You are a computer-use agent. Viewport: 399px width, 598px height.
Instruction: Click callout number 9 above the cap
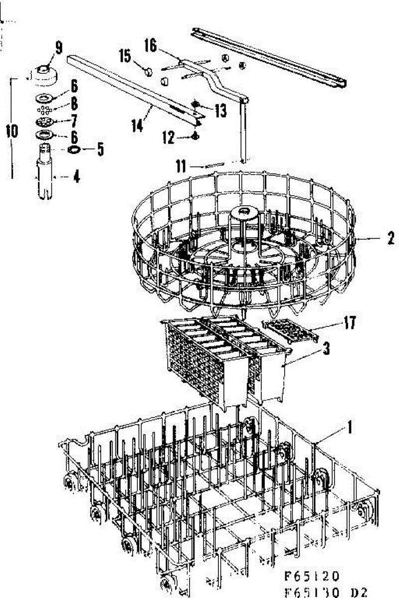click(59, 48)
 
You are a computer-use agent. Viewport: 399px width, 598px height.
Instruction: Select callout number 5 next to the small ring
click(100, 149)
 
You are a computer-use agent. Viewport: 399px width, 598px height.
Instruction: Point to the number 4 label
click(76, 176)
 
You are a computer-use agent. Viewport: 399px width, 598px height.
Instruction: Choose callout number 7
click(74, 120)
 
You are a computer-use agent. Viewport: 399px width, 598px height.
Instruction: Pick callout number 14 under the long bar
click(137, 125)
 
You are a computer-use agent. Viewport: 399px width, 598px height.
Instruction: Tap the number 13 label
click(220, 111)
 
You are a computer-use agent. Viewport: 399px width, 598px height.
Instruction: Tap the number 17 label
click(350, 322)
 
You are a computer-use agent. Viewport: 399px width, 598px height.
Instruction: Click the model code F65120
click(311, 577)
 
